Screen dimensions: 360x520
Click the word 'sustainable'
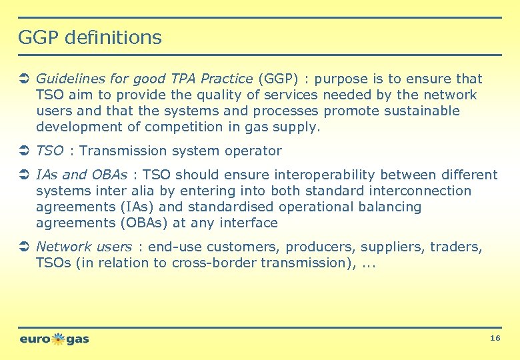click(419, 111)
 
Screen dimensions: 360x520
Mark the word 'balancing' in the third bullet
click(390, 207)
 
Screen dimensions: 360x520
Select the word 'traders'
click(455, 247)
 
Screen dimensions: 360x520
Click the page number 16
click(495, 339)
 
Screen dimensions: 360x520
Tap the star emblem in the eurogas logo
click(59, 339)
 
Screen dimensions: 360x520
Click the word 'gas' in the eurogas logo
click(77, 339)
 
